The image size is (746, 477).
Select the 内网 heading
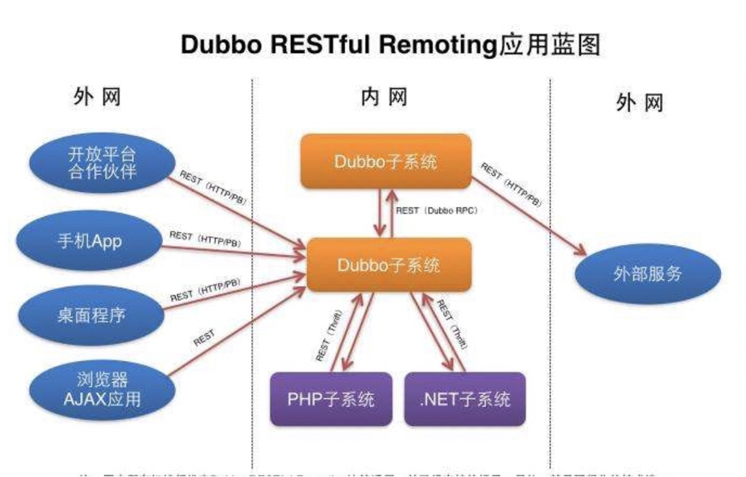tap(383, 97)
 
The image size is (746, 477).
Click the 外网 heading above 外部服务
tap(639, 102)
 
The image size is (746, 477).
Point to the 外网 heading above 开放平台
tap(97, 97)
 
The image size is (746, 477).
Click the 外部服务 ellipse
tap(647, 274)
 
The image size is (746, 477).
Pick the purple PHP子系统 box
tap(330, 398)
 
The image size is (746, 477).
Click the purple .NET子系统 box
tap(465, 398)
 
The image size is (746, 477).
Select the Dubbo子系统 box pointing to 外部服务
tap(386, 161)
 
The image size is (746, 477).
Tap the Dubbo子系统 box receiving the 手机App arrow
tap(389, 265)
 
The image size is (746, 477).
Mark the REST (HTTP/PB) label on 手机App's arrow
tap(205, 238)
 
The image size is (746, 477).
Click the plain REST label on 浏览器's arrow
tap(204, 337)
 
